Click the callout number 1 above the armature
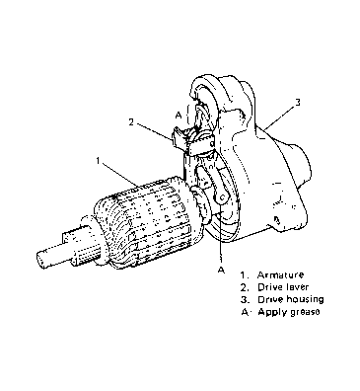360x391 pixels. click(x=98, y=160)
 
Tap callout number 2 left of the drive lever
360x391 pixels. click(x=131, y=122)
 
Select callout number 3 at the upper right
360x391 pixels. click(x=298, y=103)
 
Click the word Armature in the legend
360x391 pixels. click(x=280, y=274)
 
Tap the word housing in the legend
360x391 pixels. click(x=305, y=300)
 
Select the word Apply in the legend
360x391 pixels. click(x=271, y=312)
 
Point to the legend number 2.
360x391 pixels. click(x=245, y=287)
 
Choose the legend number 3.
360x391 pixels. click(x=245, y=299)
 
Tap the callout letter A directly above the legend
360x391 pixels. click(x=221, y=270)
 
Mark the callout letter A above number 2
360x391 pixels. click(x=179, y=115)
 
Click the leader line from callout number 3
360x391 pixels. click(x=280, y=116)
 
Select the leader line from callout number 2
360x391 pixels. click(x=154, y=132)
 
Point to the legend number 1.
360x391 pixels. click(x=244, y=274)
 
